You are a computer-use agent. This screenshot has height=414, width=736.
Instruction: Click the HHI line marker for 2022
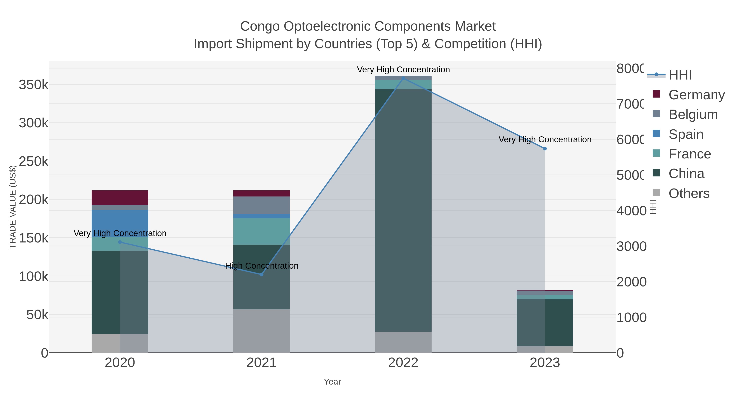403,78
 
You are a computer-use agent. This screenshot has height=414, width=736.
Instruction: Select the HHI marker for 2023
545,149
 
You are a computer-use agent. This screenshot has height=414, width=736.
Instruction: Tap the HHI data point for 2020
120,242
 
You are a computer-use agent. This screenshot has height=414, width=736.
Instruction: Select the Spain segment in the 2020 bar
120,223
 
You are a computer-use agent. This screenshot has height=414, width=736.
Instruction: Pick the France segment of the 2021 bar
261,231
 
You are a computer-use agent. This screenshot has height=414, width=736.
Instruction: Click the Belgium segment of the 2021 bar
261,205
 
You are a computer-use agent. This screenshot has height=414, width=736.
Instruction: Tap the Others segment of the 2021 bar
261,331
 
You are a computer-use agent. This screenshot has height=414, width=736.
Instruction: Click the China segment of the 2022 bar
403,210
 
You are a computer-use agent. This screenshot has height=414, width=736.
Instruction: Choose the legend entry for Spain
686,134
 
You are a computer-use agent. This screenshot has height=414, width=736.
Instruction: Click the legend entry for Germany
696,95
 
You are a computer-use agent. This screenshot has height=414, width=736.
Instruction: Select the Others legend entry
689,193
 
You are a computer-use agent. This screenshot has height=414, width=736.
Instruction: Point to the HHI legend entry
680,75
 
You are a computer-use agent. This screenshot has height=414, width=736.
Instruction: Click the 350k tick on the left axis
34,85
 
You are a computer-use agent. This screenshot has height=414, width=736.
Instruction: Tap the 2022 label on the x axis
403,362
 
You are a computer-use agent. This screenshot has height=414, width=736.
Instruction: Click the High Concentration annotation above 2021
262,266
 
